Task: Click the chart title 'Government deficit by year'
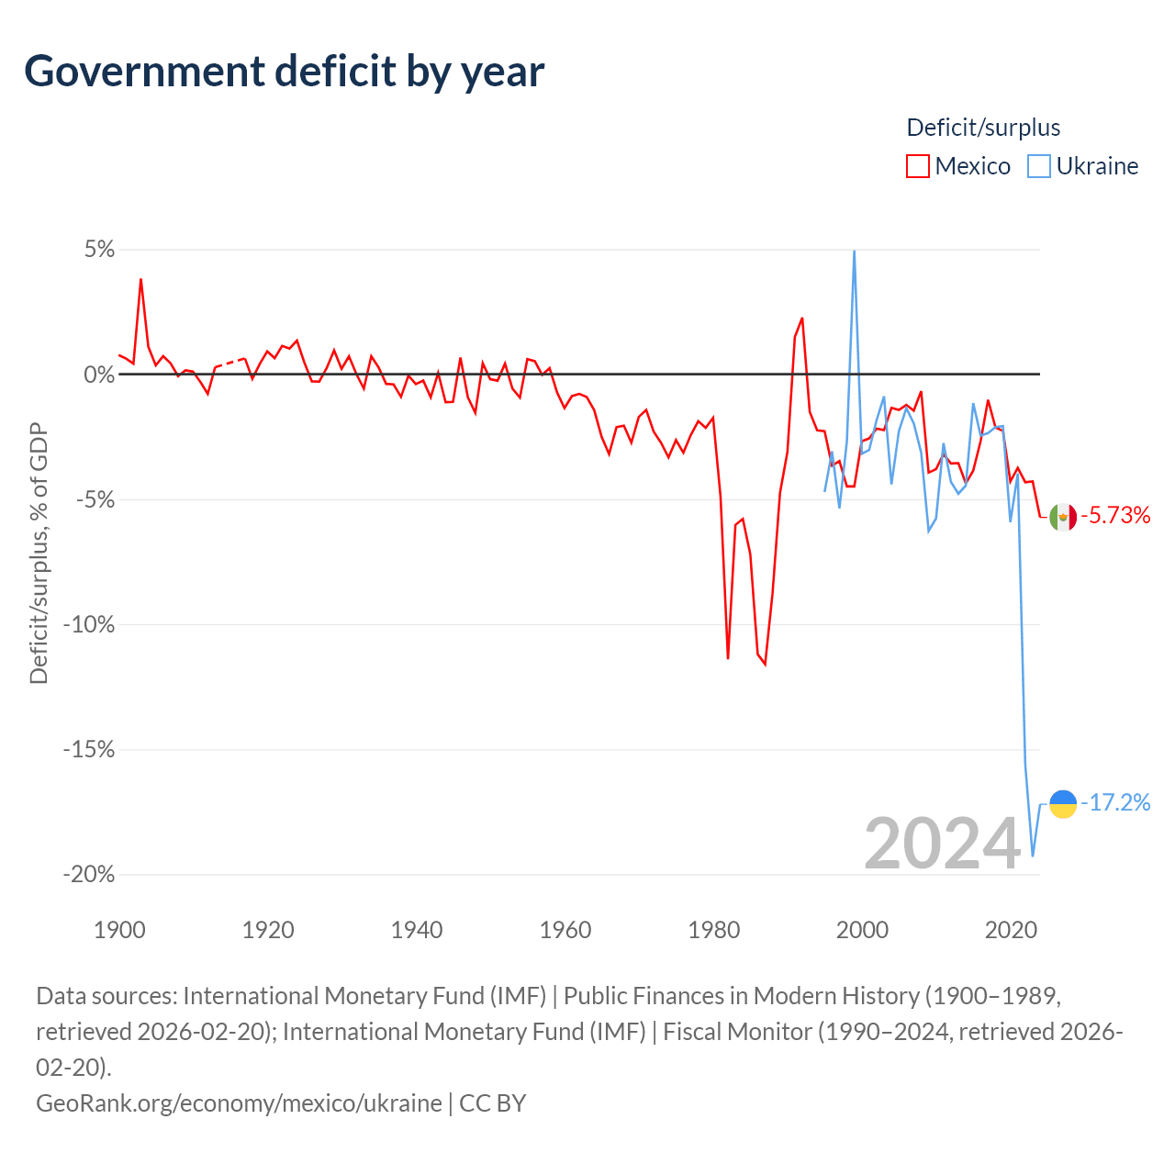point(284,72)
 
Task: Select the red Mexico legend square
point(917,166)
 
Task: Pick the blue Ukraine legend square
point(1038,166)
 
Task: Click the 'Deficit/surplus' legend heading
point(983,128)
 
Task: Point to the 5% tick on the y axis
point(99,249)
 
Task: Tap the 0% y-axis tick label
point(99,374)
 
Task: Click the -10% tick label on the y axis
point(89,624)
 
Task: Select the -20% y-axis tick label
point(89,875)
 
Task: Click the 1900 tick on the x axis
point(119,930)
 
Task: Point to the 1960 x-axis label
point(565,930)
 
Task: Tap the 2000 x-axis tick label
point(862,930)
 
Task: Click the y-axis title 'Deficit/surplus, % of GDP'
point(39,553)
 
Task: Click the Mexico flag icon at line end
point(1063,517)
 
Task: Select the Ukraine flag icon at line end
point(1063,803)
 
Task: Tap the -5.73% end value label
point(1115,515)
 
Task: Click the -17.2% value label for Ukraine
point(1115,802)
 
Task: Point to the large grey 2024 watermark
point(942,844)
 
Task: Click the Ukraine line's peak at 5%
point(855,252)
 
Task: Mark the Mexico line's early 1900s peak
point(140,280)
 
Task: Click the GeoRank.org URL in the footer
point(239,1102)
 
